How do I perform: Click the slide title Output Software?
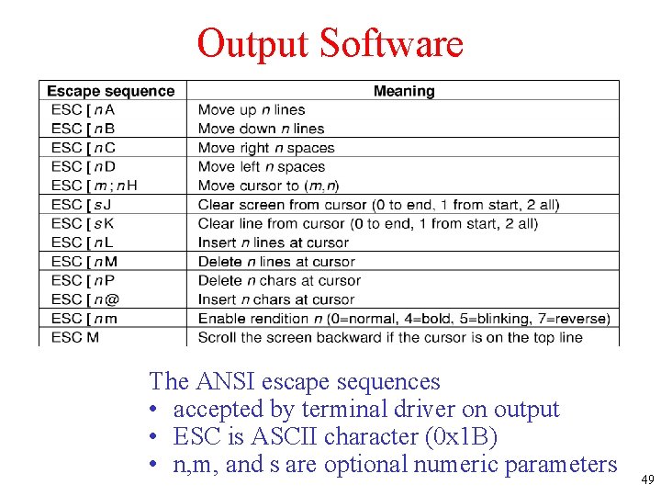point(330,43)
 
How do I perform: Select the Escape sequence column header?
point(110,91)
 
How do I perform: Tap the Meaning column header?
point(404,91)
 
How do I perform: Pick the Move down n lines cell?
point(262,129)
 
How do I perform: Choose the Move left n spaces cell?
point(262,167)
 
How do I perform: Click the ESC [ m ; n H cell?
point(95,186)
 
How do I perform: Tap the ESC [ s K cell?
point(83,223)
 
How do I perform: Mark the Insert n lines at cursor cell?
point(274,242)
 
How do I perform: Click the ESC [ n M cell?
point(84,262)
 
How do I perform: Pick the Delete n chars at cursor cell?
point(279,280)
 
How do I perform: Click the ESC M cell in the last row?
point(75,337)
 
